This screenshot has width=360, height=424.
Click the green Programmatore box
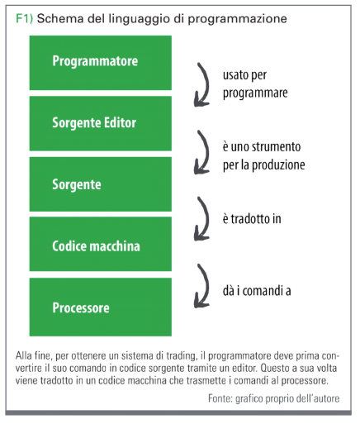(101, 63)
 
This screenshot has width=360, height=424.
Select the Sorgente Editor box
(101, 123)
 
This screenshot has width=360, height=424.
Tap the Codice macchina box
(101, 244)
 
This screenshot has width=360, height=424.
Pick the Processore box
(101, 307)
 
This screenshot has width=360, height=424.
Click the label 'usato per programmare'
(255, 84)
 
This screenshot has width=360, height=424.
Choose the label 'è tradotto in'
(252, 219)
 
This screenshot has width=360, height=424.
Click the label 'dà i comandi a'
(257, 291)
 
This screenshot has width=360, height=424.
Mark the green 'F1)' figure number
(24, 19)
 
